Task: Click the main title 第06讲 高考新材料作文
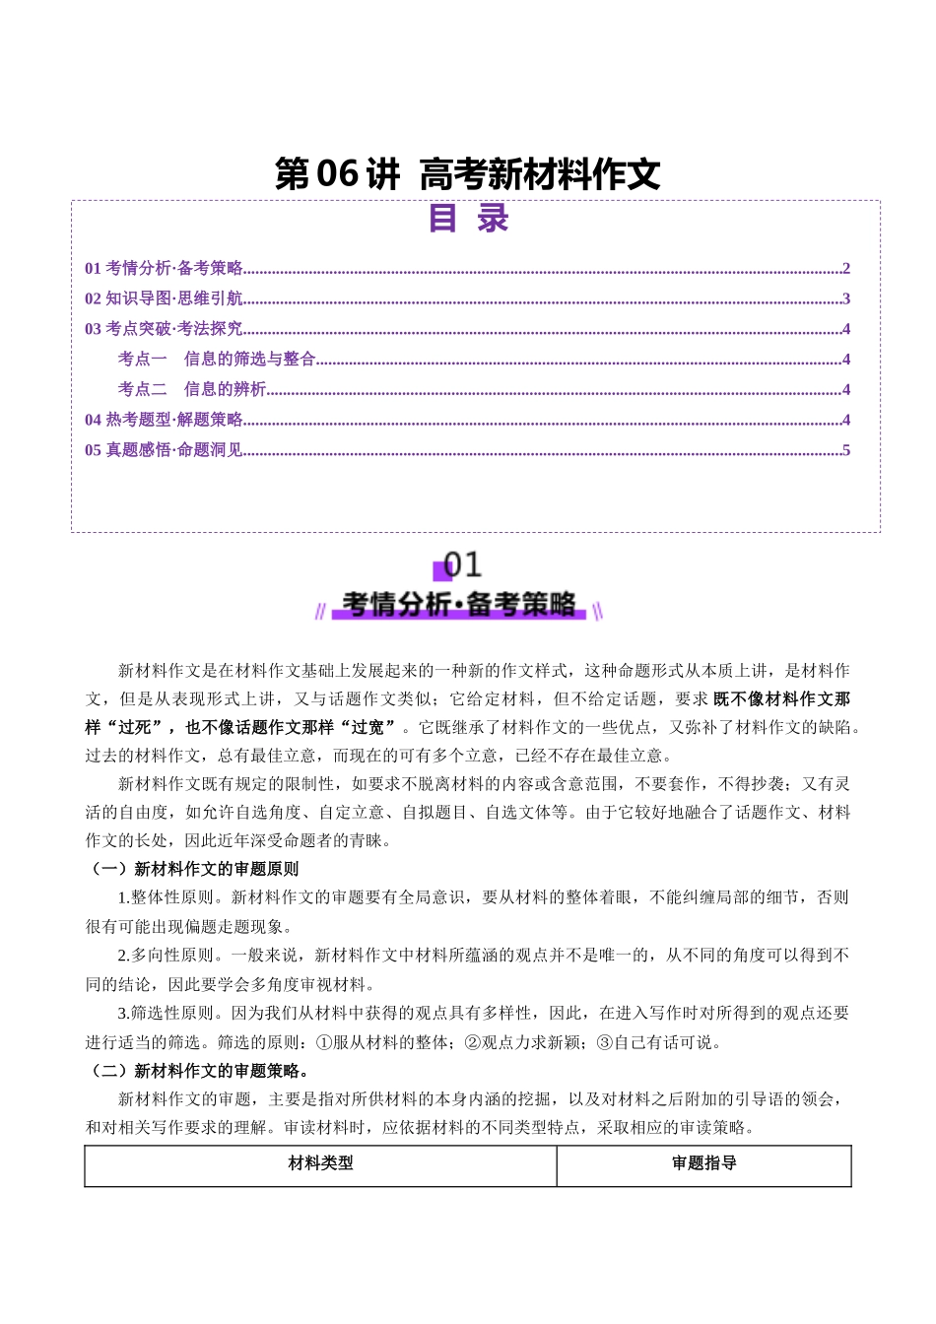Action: [467, 174]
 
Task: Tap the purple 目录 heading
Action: [468, 218]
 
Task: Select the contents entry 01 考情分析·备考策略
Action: [164, 269]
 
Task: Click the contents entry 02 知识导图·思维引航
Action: [164, 299]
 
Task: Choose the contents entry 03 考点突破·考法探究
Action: [164, 329]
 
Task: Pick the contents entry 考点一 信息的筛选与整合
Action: [217, 360]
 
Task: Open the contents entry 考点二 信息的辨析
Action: [192, 390]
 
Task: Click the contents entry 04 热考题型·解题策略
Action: [164, 421]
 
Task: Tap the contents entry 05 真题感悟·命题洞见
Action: [164, 451]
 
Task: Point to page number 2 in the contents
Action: [846, 269]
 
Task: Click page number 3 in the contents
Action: [846, 299]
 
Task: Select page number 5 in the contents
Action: [846, 451]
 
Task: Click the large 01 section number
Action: [463, 564]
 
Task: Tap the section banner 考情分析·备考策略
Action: [459, 604]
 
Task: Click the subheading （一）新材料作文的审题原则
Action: [193, 869]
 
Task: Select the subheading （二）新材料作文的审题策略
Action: [198, 1071]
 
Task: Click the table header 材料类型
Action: [320, 1163]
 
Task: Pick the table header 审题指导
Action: [703, 1163]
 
